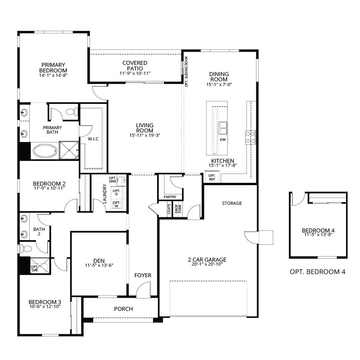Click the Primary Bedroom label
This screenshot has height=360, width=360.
[53, 68]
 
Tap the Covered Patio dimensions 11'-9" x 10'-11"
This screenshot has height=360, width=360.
[134, 74]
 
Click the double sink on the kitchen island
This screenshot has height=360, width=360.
[222, 128]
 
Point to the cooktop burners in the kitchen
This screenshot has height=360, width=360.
[250, 137]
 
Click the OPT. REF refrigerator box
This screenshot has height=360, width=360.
[212, 177]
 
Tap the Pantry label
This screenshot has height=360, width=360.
[170, 197]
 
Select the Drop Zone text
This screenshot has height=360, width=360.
[179, 210]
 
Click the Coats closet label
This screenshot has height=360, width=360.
[170, 210]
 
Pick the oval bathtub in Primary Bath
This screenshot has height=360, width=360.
[44, 151]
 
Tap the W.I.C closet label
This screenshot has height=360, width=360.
[93, 139]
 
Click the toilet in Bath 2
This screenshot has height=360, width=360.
[26, 248]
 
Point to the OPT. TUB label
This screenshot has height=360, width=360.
[35, 268]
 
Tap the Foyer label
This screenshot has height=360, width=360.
[142, 275]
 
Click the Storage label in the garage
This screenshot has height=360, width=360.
[232, 203]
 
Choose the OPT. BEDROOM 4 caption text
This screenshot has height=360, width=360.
[317, 272]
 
